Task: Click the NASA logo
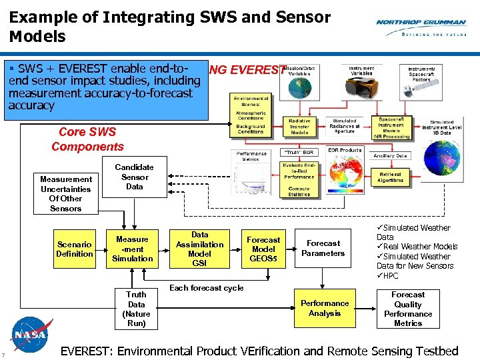coord(32,333)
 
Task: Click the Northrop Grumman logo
coord(421,27)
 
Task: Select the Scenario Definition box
coord(75,249)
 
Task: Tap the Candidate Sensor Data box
coord(134,177)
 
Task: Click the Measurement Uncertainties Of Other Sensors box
coord(65,194)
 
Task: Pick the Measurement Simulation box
coord(132,249)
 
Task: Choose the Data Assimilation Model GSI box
coord(199,249)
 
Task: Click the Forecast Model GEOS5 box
coord(263,249)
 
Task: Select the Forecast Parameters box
coord(323,249)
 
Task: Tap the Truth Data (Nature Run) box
coord(136,309)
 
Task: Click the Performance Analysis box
coord(325,308)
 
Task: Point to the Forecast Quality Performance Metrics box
coord(408,309)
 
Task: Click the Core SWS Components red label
coord(87,139)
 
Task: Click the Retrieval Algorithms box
coord(390,176)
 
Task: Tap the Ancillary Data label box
coord(390,155)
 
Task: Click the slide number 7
coord(4,354)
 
